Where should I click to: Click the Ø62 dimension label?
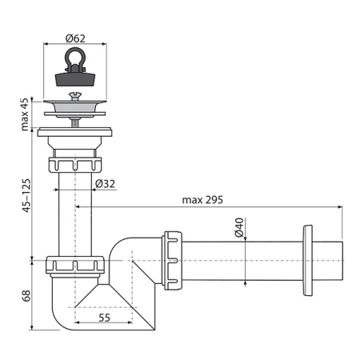[75, 38]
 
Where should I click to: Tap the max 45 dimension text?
[25, 114]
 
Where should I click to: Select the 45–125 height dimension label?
[26, 195]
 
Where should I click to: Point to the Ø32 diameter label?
[105, 184]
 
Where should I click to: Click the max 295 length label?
[202, 200]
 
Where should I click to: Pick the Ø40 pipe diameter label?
[239, 227]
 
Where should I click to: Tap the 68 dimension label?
[26, 296]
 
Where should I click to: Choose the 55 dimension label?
[104, 318]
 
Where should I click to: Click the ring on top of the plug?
[75, 56]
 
